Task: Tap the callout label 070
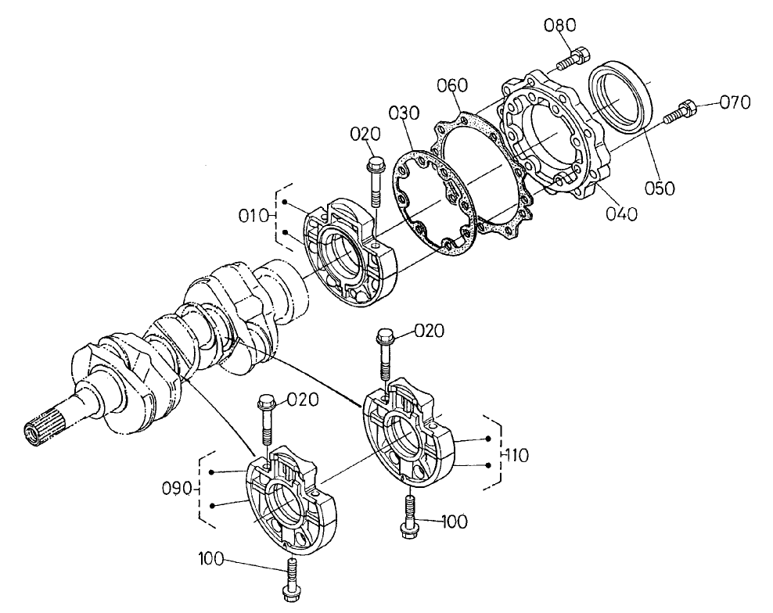[x=735, y=102]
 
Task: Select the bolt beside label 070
[x=679, y=112]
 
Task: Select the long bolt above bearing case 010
[x=374, y=185]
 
